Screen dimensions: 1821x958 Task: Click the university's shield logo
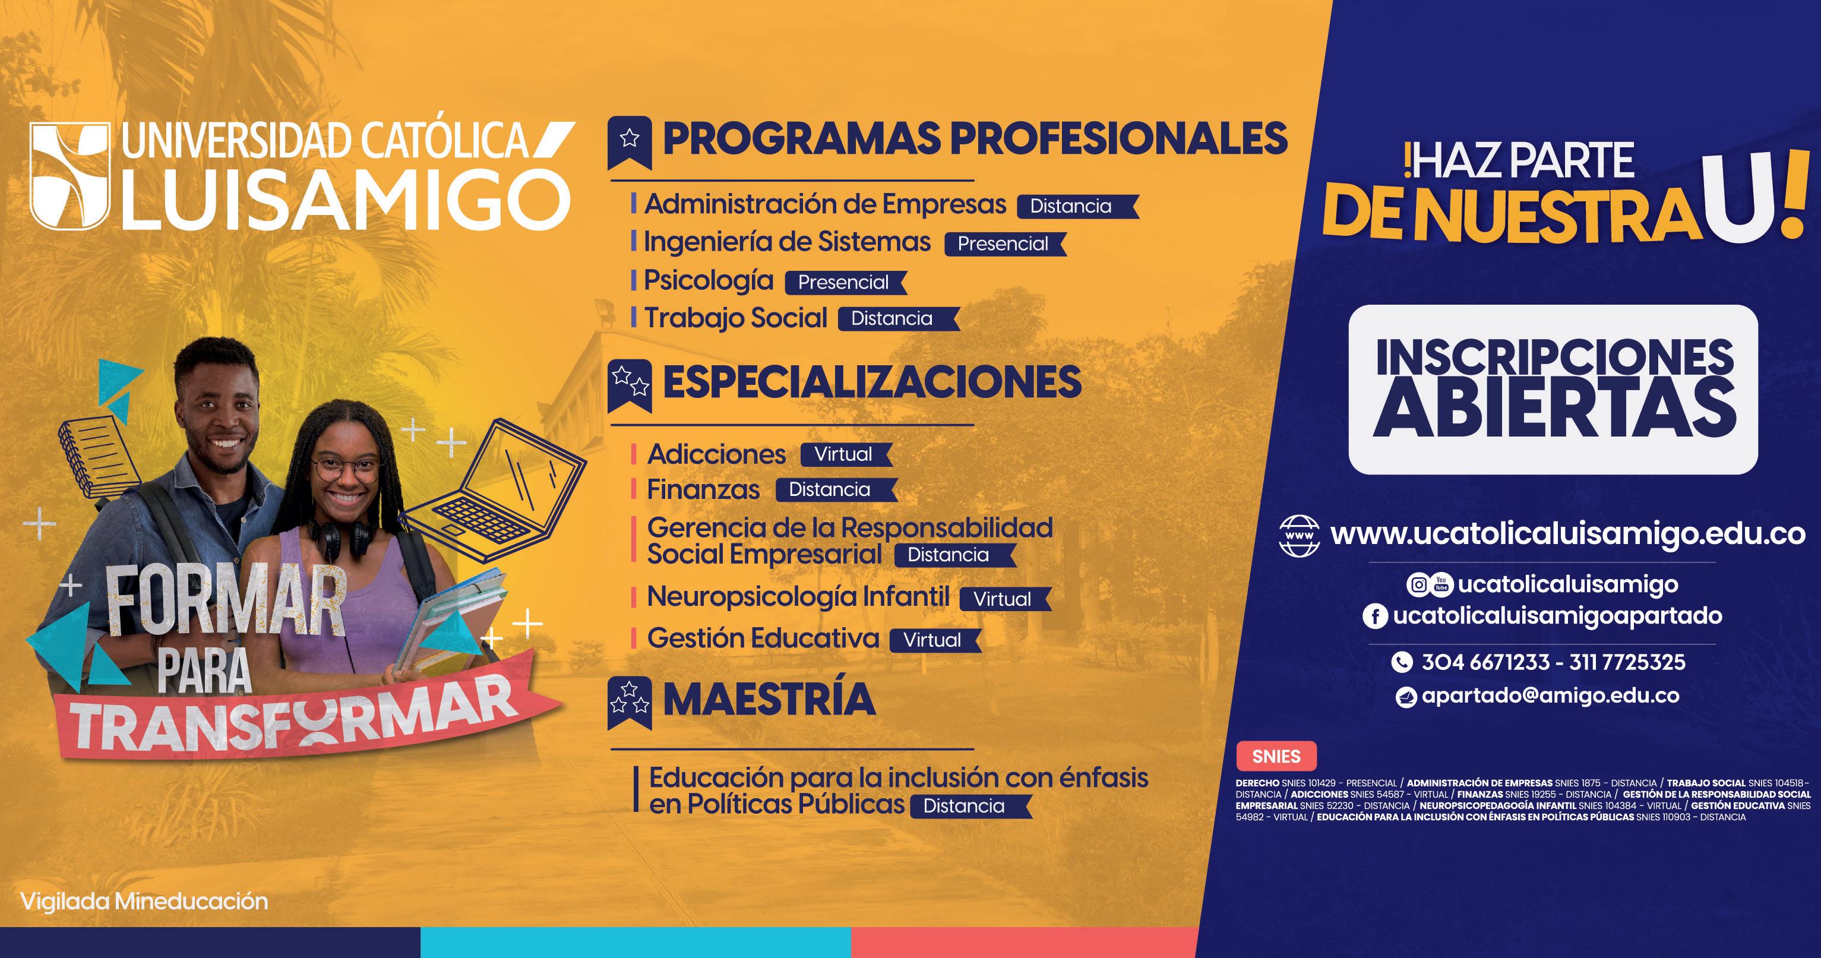click(x=70, y=175)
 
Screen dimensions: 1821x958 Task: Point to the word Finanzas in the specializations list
click(x=703, y=489)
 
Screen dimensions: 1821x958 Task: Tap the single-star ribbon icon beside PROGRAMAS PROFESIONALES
click(x=629, y=142)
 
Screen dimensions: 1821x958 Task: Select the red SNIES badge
click(x=1276, y=757)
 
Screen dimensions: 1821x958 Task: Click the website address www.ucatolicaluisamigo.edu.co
click(x=1568, y=535)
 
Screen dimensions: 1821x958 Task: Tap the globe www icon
click(x=1300, y=535)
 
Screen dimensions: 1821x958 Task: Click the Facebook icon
click(x=1375, y=616)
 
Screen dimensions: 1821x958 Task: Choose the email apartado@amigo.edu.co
click(x=1550, y=695)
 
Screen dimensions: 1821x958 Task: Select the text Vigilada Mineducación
click(x=144, y=902)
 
